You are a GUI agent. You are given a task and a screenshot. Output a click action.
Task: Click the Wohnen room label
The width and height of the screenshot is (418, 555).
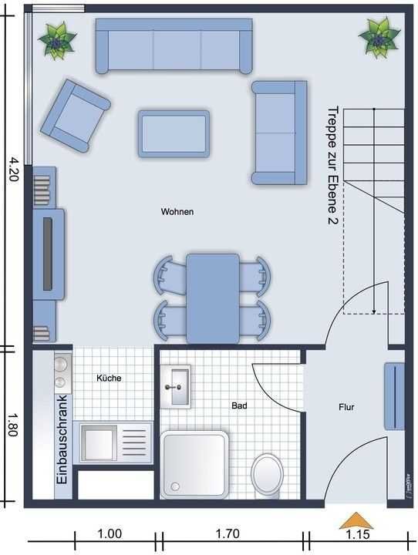pos(177,212)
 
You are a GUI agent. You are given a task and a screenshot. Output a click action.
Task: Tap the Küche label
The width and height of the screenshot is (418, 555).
pos(109,378)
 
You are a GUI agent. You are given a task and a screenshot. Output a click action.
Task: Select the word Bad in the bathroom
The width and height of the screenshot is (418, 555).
pos(240,405)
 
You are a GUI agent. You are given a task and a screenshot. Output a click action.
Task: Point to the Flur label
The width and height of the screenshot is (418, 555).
pos(346,407)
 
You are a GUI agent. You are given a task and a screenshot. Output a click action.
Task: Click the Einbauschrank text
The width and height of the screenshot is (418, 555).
pos(62,439)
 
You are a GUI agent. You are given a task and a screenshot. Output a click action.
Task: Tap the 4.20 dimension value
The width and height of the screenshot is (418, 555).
pos(13,169)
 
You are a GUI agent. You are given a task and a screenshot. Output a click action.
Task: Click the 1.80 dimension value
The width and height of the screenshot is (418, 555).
pos(13,425)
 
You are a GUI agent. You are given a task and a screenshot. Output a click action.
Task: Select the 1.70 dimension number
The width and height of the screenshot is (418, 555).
pos(228,533)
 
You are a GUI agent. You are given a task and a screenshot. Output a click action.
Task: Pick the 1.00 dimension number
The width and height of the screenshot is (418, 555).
pos(110,533)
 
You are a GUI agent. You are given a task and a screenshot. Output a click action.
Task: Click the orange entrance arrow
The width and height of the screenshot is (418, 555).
pos(356,520)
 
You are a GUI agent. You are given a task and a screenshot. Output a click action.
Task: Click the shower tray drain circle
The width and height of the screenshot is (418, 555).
pos(175,486)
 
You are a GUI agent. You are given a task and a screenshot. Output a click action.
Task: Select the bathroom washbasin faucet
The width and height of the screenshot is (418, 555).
pos(174,387)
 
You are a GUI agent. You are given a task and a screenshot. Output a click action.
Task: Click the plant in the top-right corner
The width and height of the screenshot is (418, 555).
pos(379,38)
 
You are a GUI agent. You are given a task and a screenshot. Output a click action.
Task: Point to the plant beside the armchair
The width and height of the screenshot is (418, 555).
pos(56,40)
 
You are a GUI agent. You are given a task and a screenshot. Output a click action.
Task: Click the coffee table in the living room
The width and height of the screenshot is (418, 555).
pos(174,134)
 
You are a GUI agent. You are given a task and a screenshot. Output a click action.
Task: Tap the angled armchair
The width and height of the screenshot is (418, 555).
pos(76,116)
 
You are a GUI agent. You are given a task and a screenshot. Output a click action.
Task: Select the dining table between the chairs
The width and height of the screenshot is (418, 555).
pos(213,298)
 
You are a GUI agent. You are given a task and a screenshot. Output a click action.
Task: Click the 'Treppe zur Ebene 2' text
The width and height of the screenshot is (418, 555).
pos(332,166)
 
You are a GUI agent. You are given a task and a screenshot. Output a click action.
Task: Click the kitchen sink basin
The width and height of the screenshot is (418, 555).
pos(99,443)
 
